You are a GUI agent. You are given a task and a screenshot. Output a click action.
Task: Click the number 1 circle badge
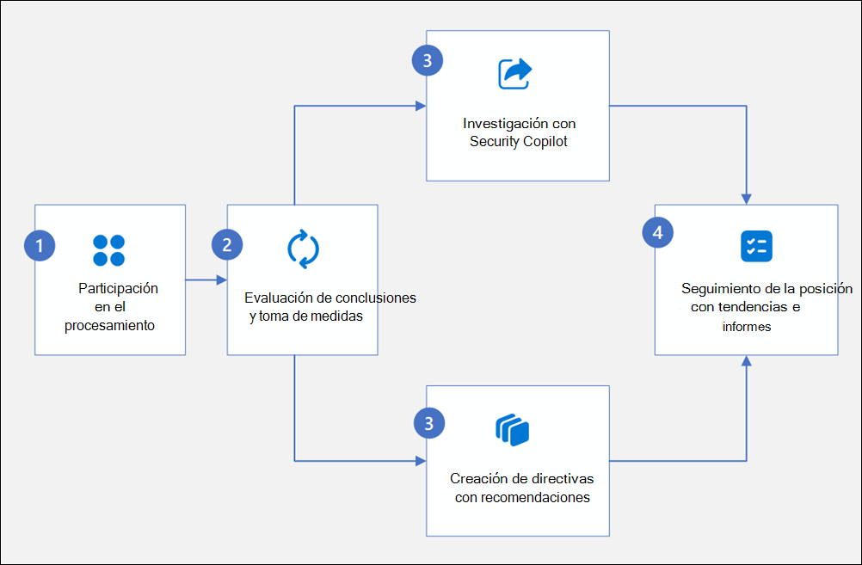tap(40, 246)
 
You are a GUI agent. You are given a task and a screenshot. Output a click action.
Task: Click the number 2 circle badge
tap(226, 244)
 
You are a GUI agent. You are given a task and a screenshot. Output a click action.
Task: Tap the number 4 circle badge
tap(658, 233)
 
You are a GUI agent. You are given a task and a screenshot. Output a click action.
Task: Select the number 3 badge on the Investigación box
tap(428, 60)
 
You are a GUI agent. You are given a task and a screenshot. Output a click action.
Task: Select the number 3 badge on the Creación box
tap(428, 422)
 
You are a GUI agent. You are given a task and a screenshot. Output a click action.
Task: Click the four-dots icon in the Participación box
tap(108, 250)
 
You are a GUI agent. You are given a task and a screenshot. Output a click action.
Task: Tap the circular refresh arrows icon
tap(303, 249)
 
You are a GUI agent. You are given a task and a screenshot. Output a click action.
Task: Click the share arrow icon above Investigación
tap(515, 73)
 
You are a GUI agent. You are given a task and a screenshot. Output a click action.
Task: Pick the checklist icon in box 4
tap(756, 246)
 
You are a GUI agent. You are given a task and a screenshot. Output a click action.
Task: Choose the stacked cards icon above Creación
tap(512, 430)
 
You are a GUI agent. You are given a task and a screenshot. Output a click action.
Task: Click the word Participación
tap(118, 288)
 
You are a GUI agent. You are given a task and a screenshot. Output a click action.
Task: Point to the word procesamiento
tap(109, 325)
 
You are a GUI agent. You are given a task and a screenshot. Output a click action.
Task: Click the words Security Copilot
tap(519, 142)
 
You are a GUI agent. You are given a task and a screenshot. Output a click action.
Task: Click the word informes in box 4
tap(746, 327)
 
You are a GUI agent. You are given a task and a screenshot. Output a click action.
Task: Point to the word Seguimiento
tap(716, 289)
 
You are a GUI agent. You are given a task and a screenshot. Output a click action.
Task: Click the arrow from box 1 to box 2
tap(206, 279)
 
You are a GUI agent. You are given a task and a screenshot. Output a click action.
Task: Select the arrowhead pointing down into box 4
tap(746, 199)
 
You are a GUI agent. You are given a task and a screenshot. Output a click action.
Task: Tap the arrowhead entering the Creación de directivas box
tap(421, 461)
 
